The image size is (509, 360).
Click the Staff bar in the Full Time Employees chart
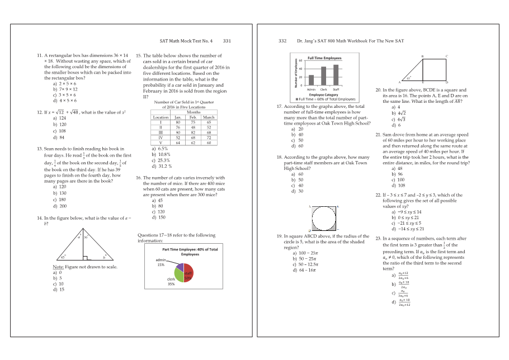coord(336,75)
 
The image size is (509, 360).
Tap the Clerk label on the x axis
coord(323,89)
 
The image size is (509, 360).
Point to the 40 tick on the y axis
coord(300,69)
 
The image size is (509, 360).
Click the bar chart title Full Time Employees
coord(324,58)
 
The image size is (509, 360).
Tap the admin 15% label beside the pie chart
coord(161,262)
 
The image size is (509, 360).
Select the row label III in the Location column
coord(161,132)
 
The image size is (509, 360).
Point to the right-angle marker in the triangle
coord(84,258)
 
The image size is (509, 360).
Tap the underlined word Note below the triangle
coord(57,267)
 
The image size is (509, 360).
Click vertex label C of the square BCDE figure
coord(446,56)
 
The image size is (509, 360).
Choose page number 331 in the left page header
coord(227,41)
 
